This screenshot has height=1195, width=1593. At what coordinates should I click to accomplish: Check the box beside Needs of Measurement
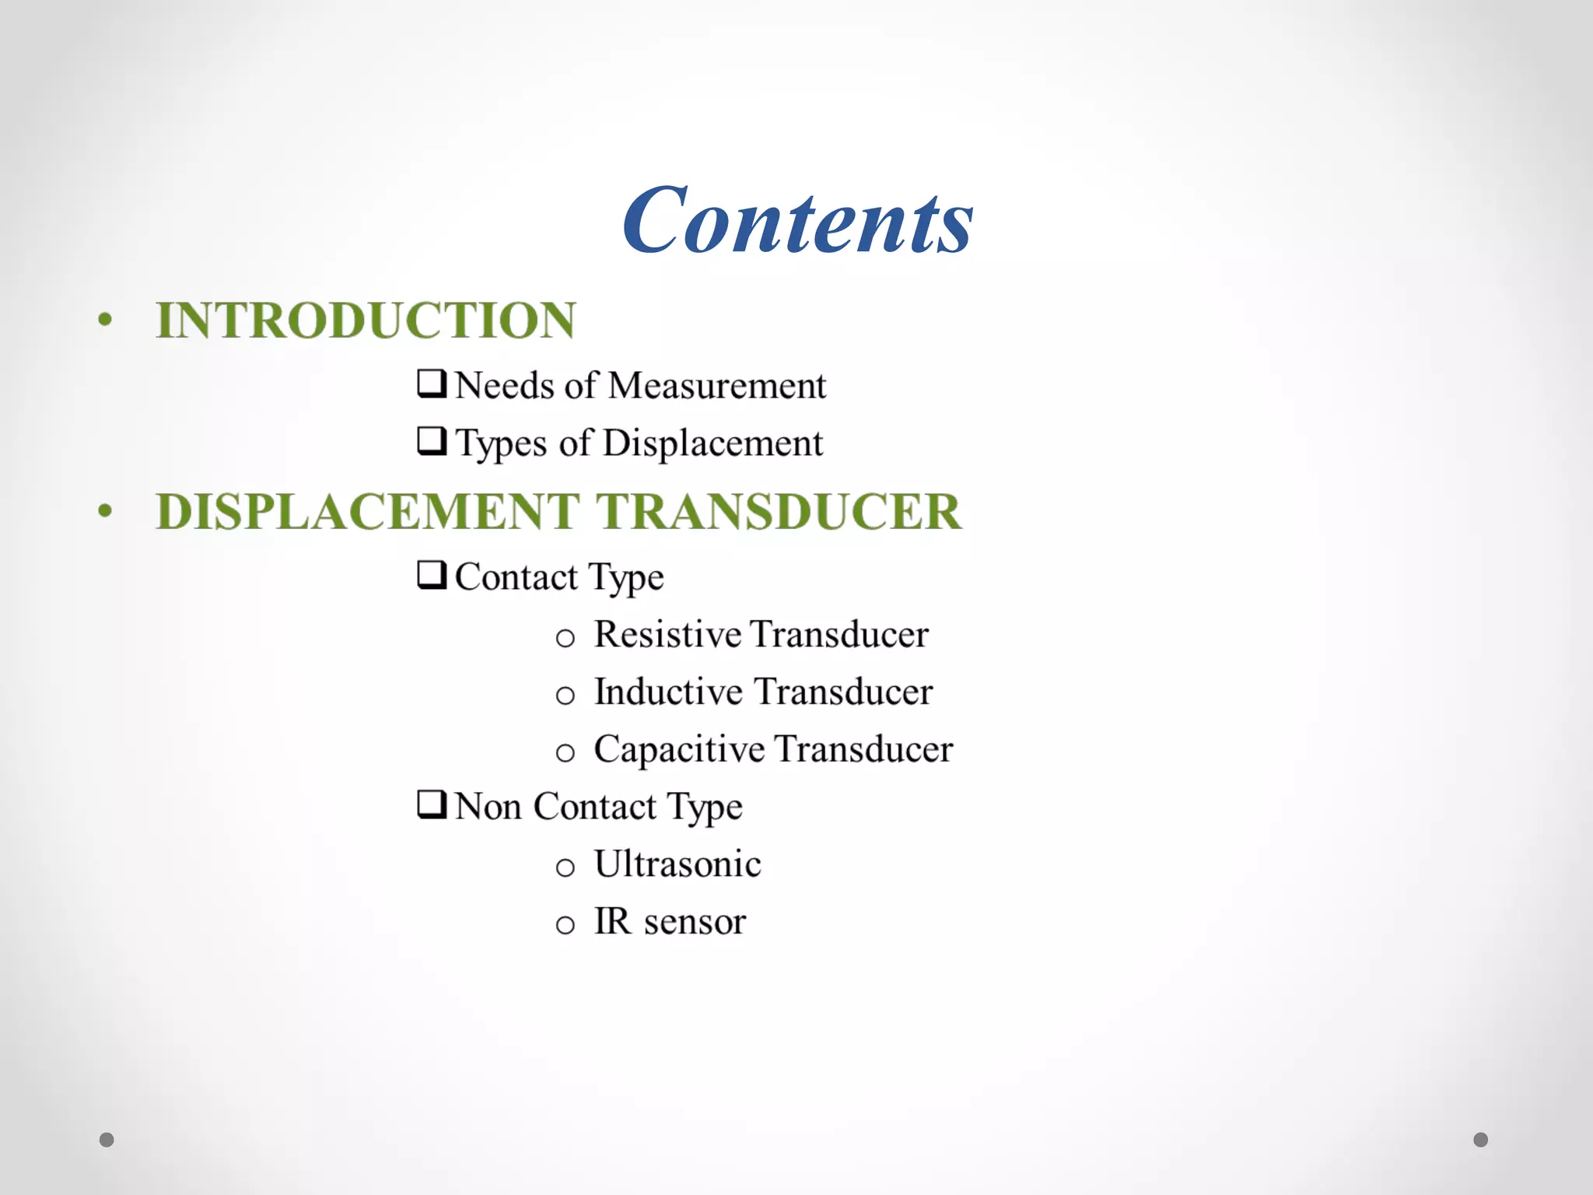pyautogui.click(x=432, y=383)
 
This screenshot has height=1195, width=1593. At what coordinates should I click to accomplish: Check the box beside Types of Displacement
pyautogui.click(x=432, y=440)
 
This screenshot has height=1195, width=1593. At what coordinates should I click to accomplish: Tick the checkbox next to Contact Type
pyautogui.click(x=432, y=575)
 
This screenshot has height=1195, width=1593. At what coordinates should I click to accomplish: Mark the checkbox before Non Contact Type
pyautogui.click(x=432, y=804)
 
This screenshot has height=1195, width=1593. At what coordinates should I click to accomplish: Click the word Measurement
pyautogui.click(x=716, y=385)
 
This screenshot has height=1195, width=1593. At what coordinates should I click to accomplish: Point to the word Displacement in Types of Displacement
pyautogui.click(x=712, y=443)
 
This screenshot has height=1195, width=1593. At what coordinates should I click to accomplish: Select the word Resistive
pyautogui.click(x=668, y=634)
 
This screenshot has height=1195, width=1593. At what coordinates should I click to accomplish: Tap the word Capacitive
pyautogui.click(x=679, y=749)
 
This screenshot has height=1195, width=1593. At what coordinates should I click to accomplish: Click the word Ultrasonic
pyautogui.click(x=677, y=864)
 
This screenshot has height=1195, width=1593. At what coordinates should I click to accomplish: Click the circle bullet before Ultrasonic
pyautogui.click(x=565, y=867)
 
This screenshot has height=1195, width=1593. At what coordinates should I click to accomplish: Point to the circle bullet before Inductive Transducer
pyautogui.click(x=565, y=696)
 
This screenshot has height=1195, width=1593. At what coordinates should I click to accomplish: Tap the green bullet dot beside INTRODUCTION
pyautogui.click(x=106, y=320)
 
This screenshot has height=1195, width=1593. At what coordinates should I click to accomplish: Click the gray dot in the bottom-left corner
pyautogui.click(x=107, y=1140)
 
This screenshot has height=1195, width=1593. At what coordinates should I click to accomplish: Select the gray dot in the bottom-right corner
pyautogui.click(x=1481, y=1140)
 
